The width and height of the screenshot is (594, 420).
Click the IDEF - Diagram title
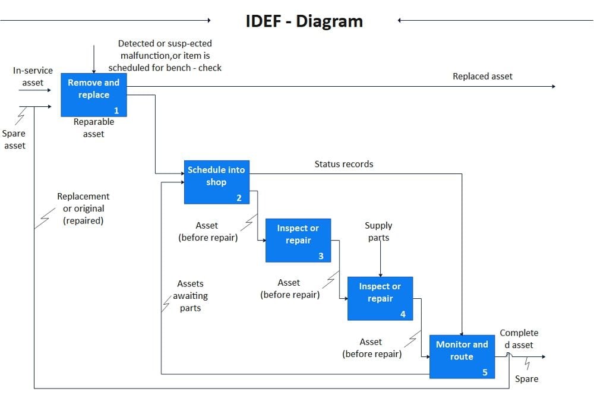click(x=304, y=21)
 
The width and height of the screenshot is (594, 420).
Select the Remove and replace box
click(x=93, y=94)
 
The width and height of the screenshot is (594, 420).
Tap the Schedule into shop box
click(x=216, y=181)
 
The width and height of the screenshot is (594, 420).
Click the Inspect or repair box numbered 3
click(x=298, y=240)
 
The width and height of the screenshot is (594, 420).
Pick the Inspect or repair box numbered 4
click(x=380, y=298)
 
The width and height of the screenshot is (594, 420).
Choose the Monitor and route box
click(x=462, y=356)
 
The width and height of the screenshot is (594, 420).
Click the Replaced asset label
click(x=482, y=76)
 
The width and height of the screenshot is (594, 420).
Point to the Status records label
click(x=344, y=164)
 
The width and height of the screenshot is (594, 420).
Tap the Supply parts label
click(x=378, y=232)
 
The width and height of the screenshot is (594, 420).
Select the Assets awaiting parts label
click(x=190, y=296)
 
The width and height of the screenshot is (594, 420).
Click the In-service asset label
click(x=33, y=77)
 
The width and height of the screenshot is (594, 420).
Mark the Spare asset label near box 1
click(x=14, y=140)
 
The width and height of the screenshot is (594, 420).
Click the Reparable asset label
click(x=93, y=128)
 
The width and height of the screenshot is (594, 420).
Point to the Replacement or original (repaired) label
click(x=83, y=209)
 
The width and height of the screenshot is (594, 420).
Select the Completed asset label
click(x=519, y=339)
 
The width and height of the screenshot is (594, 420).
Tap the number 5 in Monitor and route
click(x=485, y=372)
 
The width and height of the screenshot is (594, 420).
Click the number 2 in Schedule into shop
click(x=239, y=198)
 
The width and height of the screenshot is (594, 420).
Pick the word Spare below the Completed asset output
click(x=526, y=379)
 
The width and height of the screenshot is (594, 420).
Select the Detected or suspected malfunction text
click(x=165, y=56)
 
